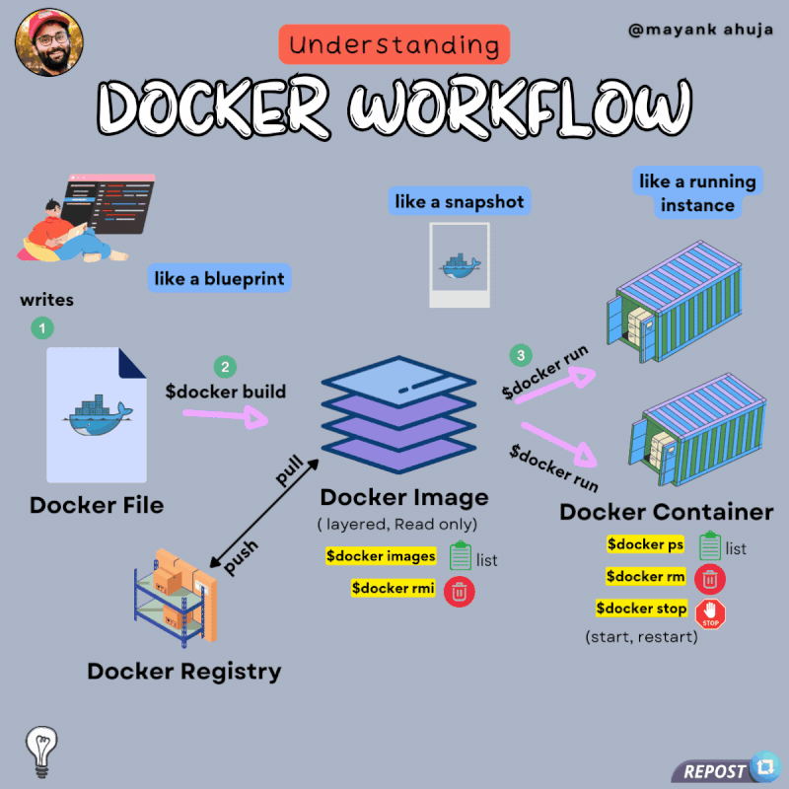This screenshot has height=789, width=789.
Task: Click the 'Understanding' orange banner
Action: click(x=394, y=44)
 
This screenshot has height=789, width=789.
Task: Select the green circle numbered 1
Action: click(x=42, y=326)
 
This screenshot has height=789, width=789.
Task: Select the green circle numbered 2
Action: click(x=225, y=367)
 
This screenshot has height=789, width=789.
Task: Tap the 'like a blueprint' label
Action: click(x=219, y=279)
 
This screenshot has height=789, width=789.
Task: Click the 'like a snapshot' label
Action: click(x=460, y=202)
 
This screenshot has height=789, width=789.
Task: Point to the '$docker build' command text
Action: click(x=225, y=392)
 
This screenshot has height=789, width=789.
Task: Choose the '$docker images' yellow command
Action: click(x=381, y=556)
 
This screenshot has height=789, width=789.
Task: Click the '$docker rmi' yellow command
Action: click(x=393, y=588)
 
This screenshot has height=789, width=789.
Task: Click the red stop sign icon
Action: click(x=711, y=613)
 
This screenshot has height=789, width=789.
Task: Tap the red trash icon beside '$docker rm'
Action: click(x=710, y=577)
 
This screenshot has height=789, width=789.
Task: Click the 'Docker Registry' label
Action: click(x=184, y=672)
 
